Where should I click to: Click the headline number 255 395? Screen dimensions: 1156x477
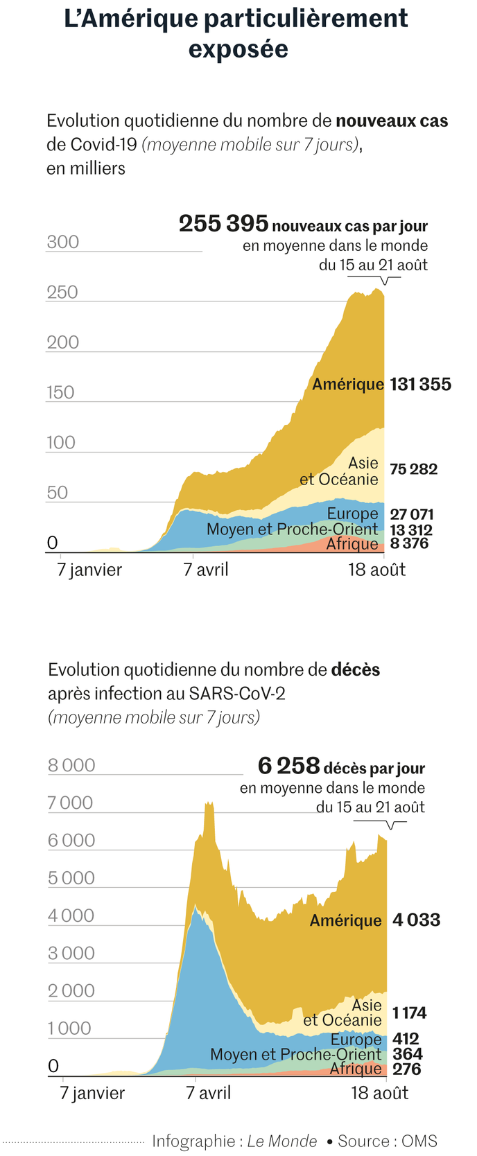[223, 224]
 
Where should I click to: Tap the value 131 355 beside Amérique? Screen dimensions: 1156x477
[420, 385]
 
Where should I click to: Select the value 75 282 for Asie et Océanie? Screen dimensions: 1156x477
[413, 469]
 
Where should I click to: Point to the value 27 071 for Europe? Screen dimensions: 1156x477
[411, 514]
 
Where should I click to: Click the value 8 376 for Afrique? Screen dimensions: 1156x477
[409, 543]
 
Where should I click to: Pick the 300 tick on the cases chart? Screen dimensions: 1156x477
[63, 242]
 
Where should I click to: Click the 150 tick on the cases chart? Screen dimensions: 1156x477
[60, 392]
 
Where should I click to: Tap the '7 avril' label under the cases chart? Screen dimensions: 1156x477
[206, 570]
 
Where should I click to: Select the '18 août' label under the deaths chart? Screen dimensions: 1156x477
[379, 1093]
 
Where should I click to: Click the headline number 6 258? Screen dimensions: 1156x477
[288, 766]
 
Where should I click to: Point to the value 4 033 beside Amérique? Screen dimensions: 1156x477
[416, 920]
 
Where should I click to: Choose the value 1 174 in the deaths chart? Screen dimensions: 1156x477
[409, 1013]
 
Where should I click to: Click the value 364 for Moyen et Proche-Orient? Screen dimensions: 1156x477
[407, 1054]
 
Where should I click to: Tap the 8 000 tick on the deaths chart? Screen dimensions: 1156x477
[71, 765]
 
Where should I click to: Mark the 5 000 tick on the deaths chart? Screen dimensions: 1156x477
[71, 878]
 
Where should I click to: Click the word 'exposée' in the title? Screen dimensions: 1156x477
[238, 49]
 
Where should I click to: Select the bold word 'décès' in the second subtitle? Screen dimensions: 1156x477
[356, 669]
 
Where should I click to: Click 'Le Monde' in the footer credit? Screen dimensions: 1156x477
[282, 1141]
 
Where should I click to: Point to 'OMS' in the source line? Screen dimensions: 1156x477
[419, 1141]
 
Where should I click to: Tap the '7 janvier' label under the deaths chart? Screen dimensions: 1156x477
[92, 1093]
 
